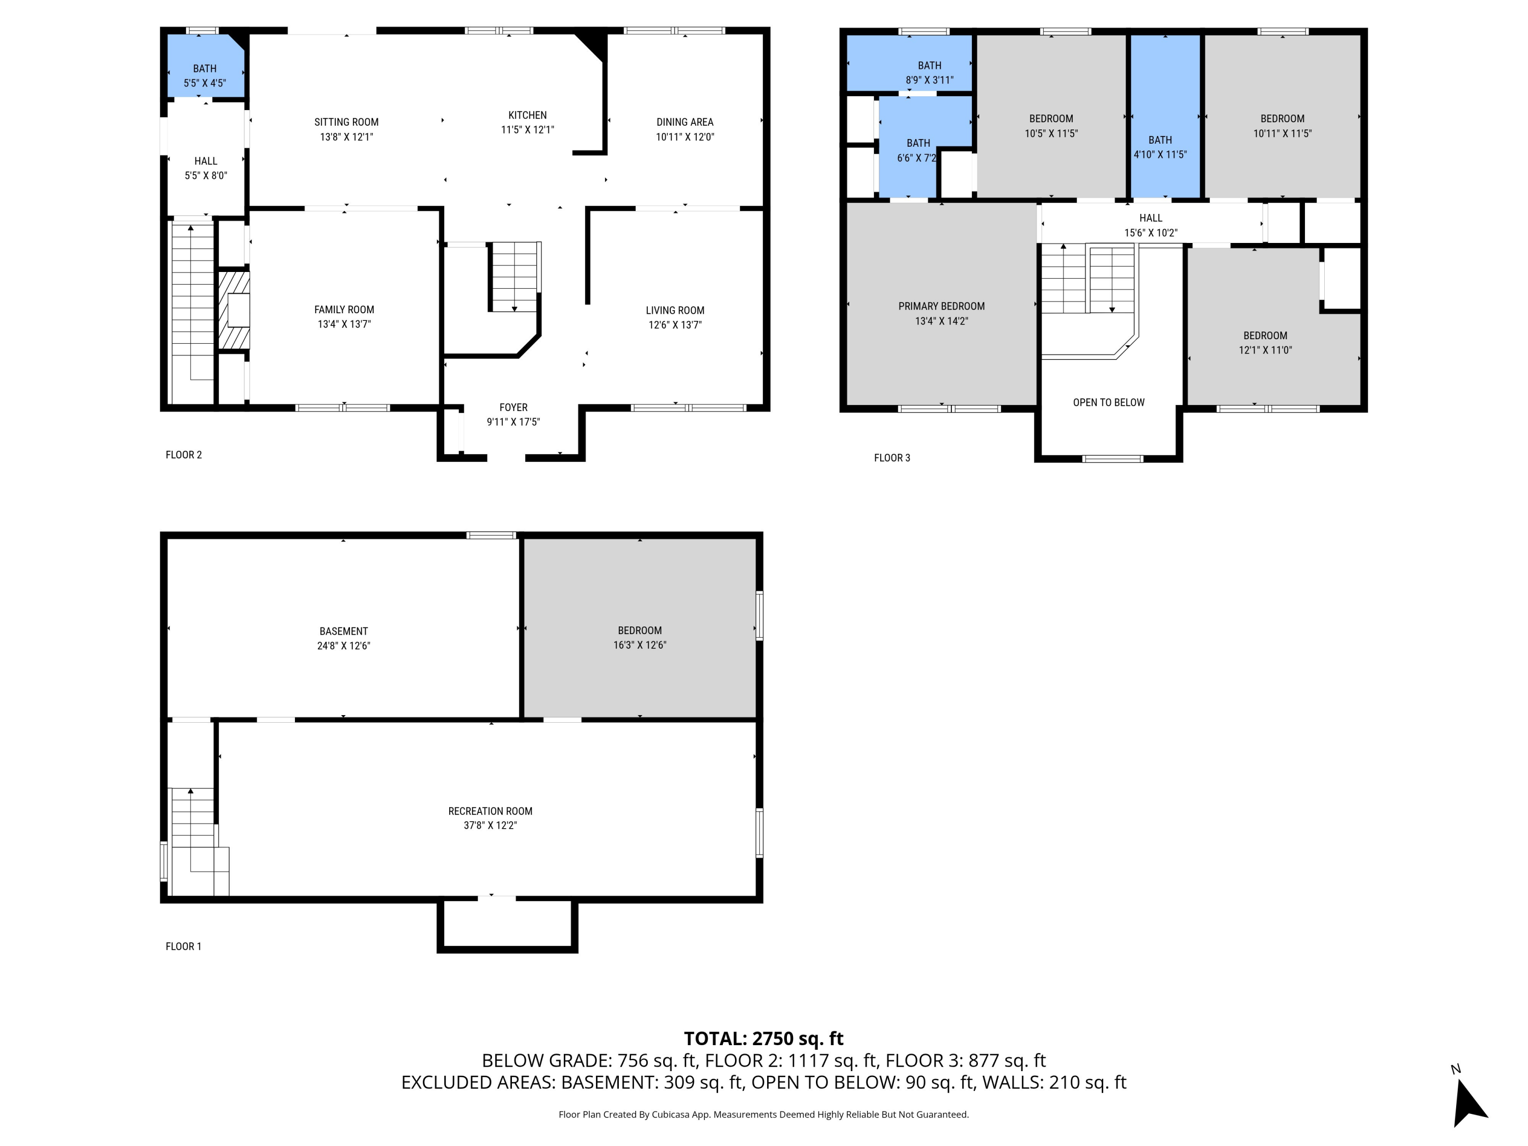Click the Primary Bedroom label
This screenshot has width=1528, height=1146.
941,306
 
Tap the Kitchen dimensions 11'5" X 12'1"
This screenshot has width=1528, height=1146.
527,130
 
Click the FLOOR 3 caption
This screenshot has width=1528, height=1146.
892,458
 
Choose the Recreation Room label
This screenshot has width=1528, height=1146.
490,811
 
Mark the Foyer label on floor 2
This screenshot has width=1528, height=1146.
513,407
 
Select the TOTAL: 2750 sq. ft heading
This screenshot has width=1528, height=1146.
763,1038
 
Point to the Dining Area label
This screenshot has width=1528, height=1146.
685,122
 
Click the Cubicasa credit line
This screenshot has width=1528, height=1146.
763,1114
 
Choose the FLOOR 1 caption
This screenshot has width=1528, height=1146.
183,946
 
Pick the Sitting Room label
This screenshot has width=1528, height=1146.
346,122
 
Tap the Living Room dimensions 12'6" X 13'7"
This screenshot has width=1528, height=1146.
675,324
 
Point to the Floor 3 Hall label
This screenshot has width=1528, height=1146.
1150,217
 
